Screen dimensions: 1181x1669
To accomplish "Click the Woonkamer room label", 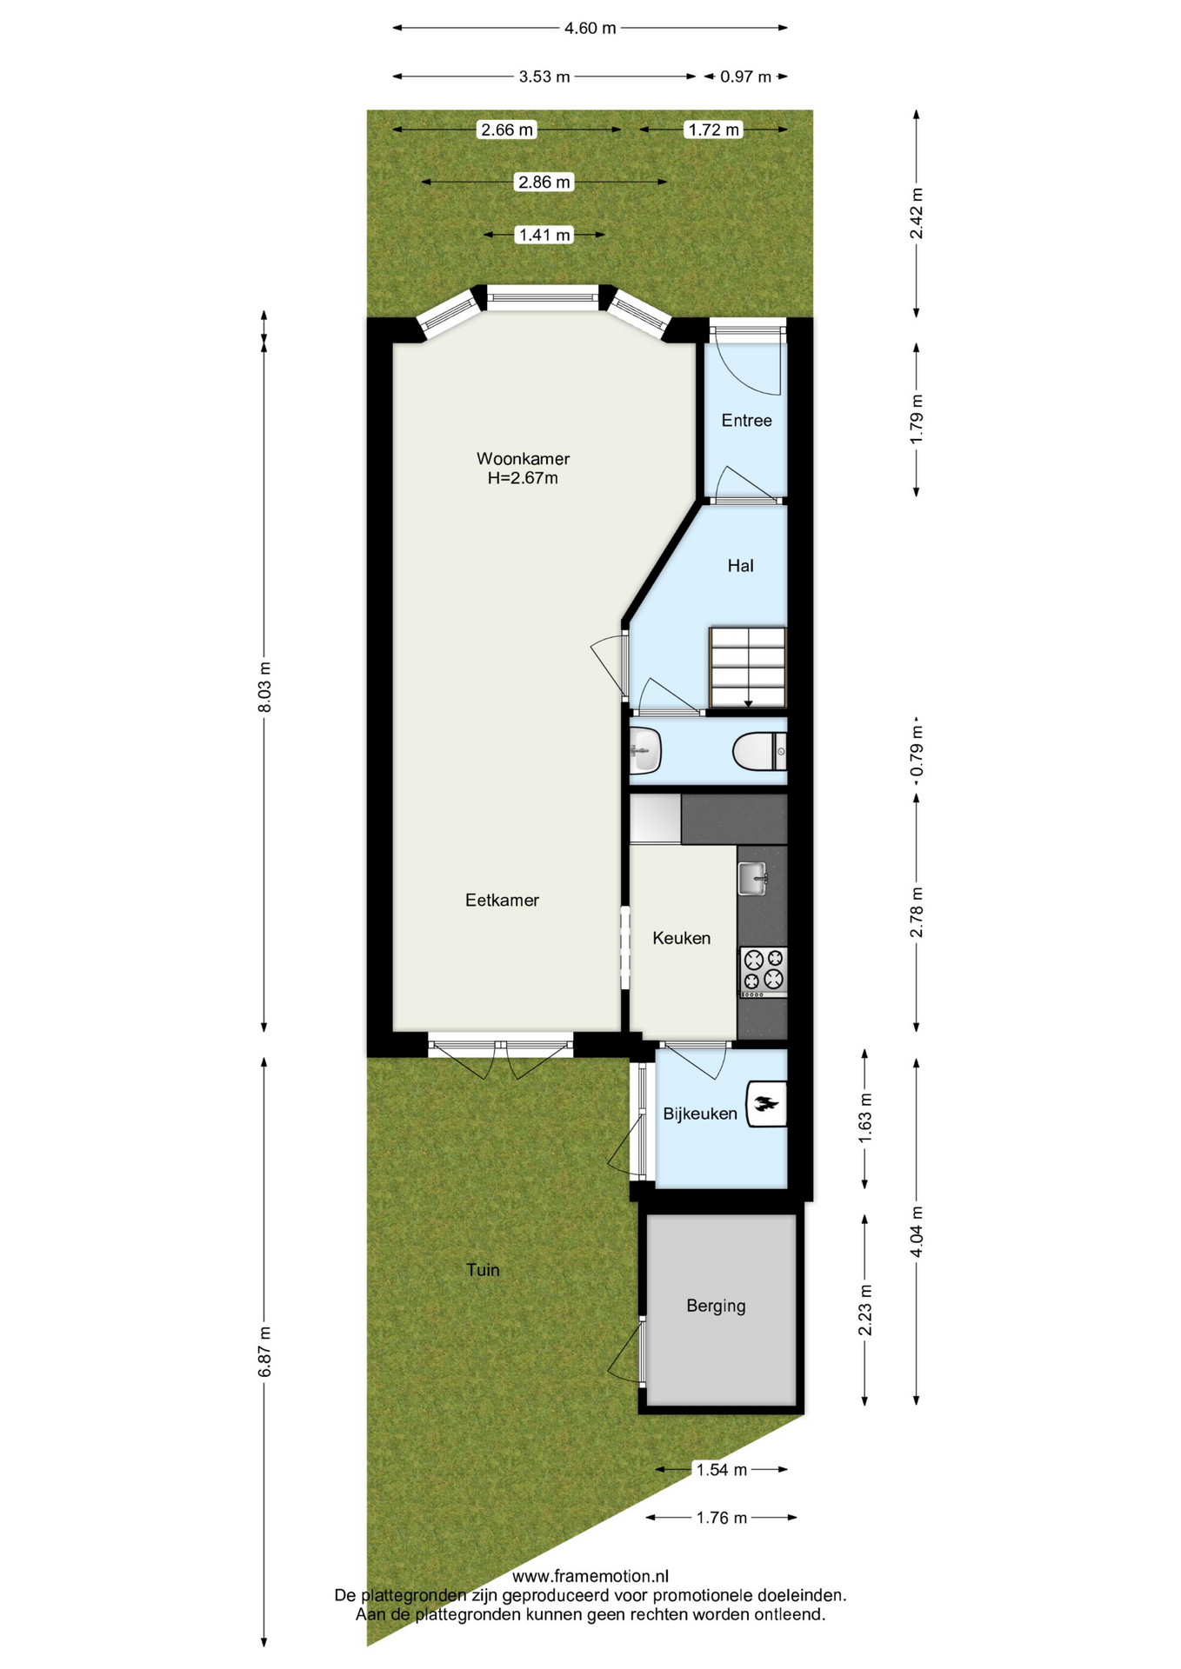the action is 523,458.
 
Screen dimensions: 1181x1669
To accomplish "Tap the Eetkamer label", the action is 502,900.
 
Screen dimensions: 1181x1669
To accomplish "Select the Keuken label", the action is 681,938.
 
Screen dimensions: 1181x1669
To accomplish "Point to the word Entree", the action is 746,421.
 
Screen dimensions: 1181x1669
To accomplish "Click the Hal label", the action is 740,566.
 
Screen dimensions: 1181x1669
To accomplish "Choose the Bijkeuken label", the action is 699,1114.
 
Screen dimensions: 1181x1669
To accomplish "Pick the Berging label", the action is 716,1306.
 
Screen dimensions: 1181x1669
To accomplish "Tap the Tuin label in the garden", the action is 483,1270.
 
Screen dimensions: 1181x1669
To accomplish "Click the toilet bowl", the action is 758,752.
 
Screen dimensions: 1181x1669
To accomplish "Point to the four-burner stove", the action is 764,972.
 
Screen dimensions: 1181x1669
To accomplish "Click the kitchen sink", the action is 753,878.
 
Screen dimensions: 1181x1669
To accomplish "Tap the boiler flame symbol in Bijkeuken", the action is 766,1104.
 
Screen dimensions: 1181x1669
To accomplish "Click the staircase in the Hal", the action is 748,668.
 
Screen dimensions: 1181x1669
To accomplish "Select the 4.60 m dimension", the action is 590,28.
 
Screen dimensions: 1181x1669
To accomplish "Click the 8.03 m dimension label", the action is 265,687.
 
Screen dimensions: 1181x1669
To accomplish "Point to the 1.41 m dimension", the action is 544,235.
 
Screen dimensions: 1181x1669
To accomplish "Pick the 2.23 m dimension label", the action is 865,1309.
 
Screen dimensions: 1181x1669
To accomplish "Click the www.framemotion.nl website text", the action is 590,1576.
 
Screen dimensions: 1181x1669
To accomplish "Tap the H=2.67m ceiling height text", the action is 523,478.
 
